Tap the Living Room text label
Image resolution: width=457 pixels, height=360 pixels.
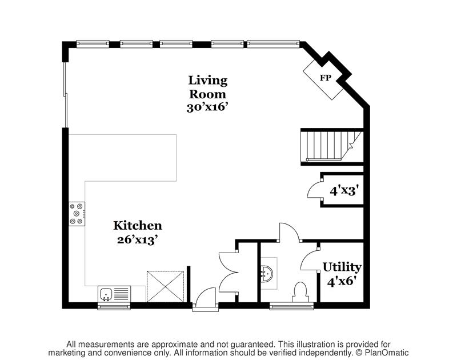(x=208, y=87)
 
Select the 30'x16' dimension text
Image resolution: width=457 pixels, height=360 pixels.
(x=208, y=107)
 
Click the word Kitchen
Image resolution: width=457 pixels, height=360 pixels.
(x=137, y=226)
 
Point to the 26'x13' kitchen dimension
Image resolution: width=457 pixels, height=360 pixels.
(x=137, y=239)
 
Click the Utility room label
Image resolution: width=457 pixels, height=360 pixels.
(x=342, y=267)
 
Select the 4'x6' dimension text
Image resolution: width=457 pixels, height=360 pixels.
(x=342, y=281)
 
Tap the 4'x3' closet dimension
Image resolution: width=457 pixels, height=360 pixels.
(x=344, y=190)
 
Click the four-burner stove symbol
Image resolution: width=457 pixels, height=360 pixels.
(x=76, y=214)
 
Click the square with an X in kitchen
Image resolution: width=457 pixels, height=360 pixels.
(x=165, y=285)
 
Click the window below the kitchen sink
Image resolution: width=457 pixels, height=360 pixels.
(x=114, y=306)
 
